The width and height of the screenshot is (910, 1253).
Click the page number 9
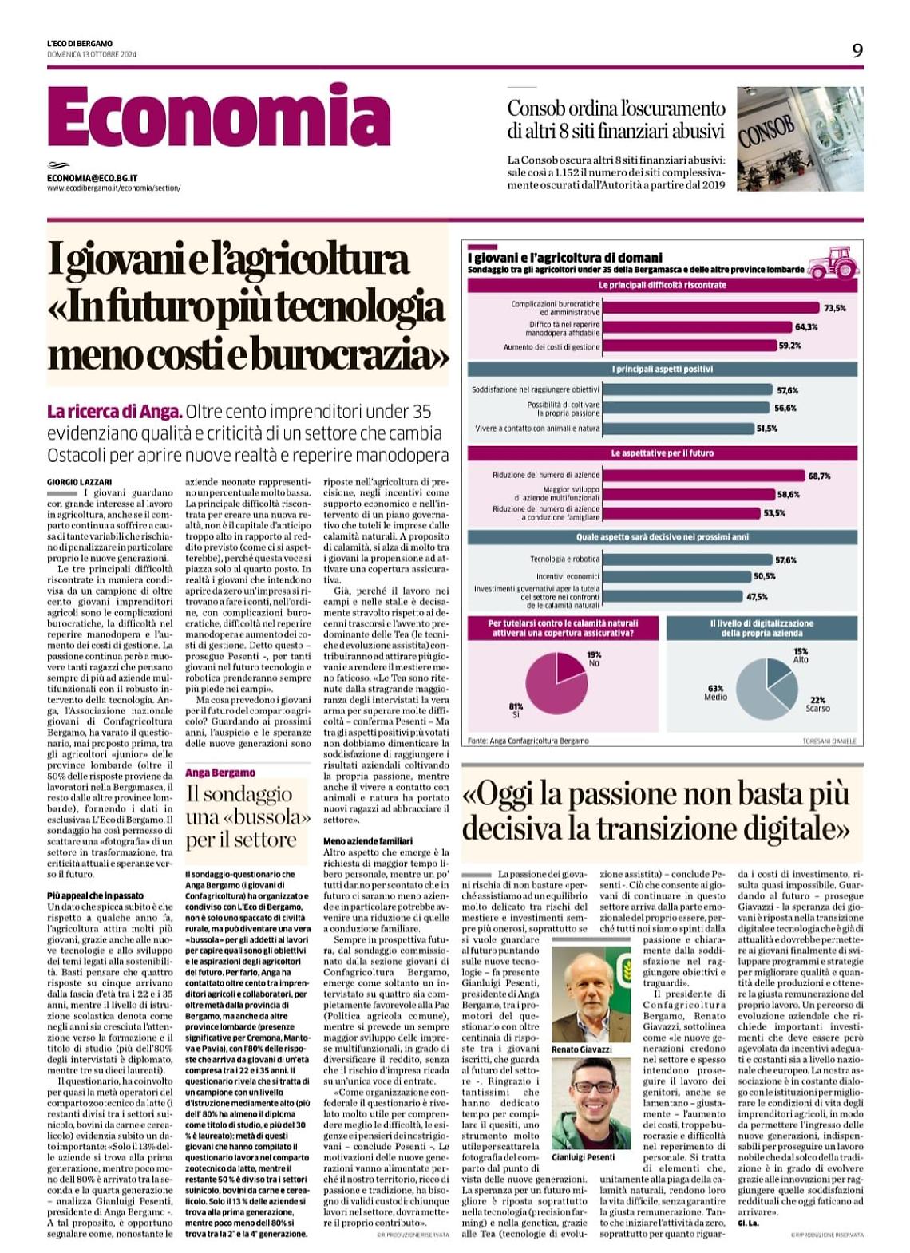point(857,51)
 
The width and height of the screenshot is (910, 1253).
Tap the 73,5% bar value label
point(834,308)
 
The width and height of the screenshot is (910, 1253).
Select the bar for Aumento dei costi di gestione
point(690,346)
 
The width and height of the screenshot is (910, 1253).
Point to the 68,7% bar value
point(819,476)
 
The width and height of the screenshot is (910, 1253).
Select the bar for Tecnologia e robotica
point(687,559)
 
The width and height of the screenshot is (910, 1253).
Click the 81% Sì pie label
point(516,710)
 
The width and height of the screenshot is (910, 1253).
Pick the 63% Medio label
point(715,692)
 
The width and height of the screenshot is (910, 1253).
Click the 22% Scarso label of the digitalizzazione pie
point(817,704)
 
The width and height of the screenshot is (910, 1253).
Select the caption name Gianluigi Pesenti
point(584,1156)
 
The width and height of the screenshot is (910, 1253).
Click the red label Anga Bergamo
point(220,773)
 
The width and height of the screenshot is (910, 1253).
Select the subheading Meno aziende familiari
point(368,841)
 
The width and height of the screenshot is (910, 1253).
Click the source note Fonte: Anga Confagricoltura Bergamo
point(528,741)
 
